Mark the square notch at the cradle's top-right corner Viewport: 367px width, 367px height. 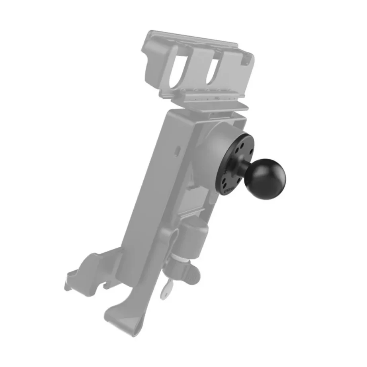coord(248,60)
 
